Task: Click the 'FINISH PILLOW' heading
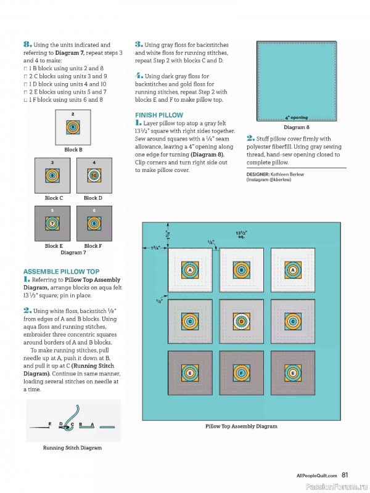click(158, 115)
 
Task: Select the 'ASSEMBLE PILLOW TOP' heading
click(61, 271)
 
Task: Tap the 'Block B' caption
click(73, 150)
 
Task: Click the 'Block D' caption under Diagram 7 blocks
click(93, 198)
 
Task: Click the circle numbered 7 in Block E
click(53, 224)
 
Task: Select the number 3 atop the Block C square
click(52, 162)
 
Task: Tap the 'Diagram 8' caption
click(297, 127)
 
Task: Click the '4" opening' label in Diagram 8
click(296, 117)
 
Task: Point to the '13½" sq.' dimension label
click(242, 235)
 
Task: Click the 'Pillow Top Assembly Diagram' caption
click(241, 426)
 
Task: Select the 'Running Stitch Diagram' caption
click(72, 448)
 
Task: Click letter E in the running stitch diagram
click(50, 425)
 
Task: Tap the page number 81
click(345, 475)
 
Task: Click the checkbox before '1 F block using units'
click(25, 99)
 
